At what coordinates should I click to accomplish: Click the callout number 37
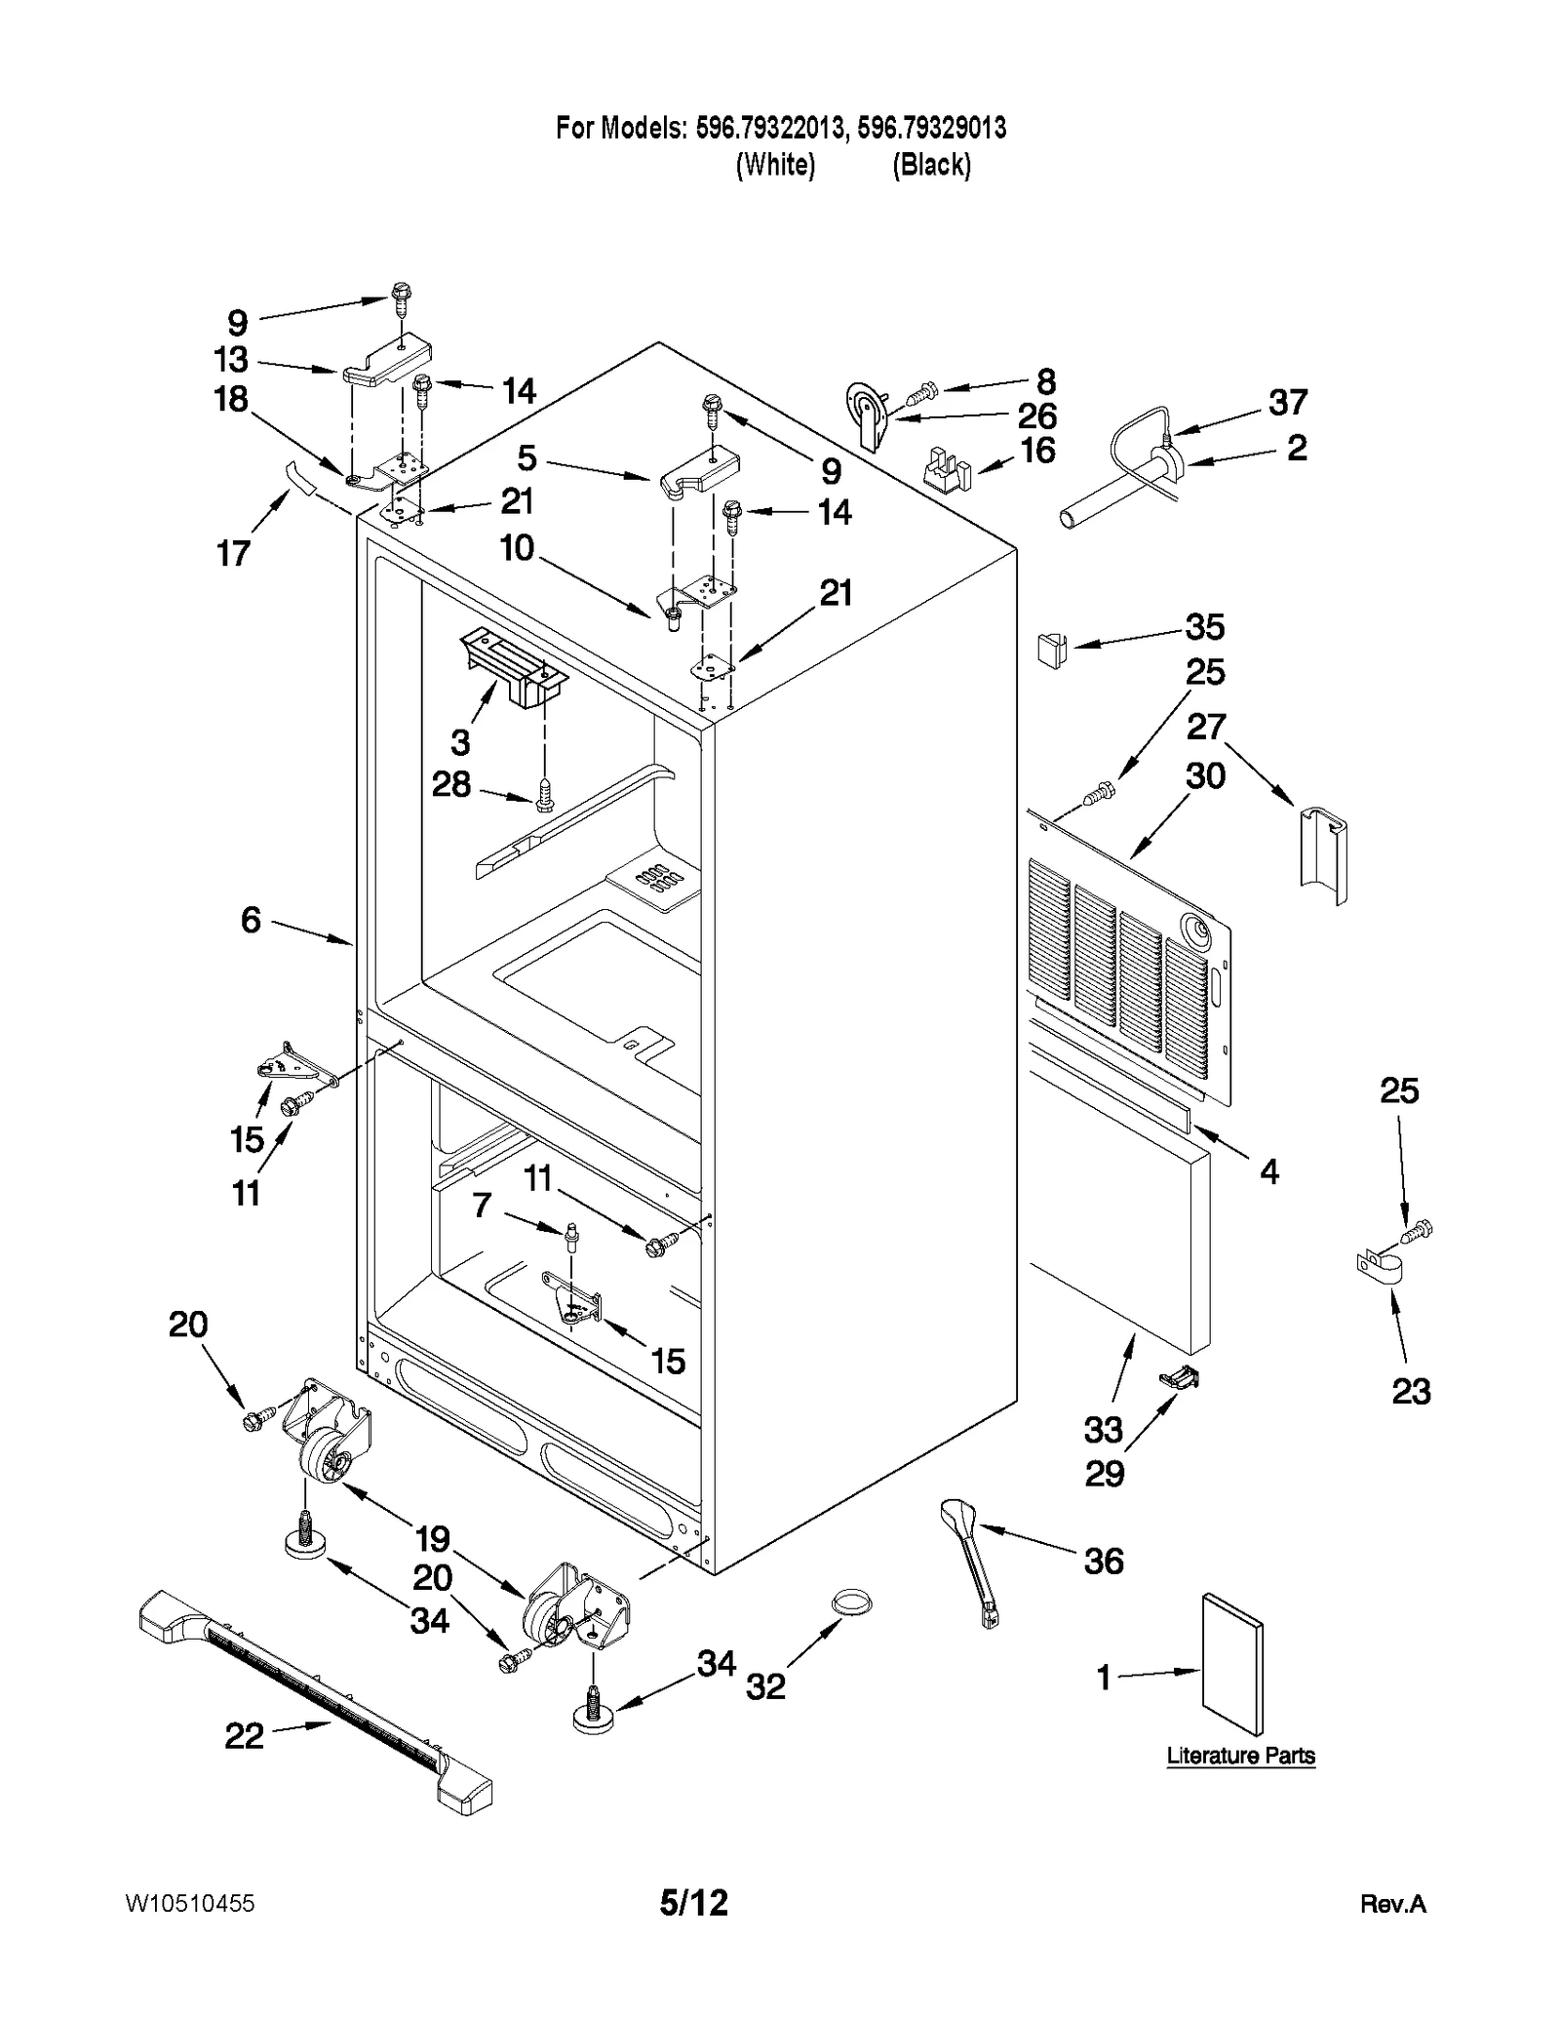tap(1287, 402)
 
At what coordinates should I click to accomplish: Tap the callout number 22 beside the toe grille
tap(244, 1735)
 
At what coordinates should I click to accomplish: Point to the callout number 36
tap(1104, 1561)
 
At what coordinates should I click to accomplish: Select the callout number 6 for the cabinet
tap(251, 919)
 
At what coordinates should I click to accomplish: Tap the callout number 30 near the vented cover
tap(1204, 776)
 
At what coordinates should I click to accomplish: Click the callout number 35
tap(1204, 627)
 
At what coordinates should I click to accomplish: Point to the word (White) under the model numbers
tap(774, 165)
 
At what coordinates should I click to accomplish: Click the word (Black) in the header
tap(931, 165)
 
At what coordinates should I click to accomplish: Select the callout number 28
tap(451, 784)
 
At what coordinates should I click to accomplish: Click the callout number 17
tap(233, 554)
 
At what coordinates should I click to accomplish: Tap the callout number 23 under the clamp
tap(1410, 1391)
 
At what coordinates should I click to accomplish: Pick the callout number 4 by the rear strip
tap(1268, 1171)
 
